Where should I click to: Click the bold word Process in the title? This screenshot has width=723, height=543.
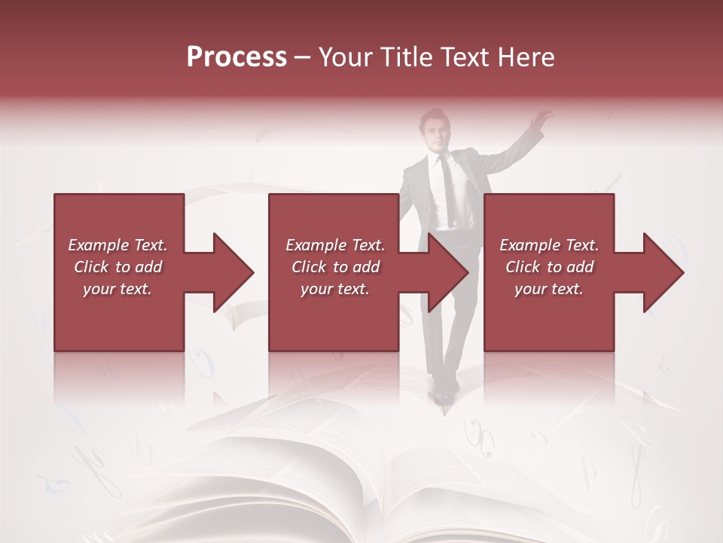click(x=236, y=57)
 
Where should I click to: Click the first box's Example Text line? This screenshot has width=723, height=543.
click(x=117, y=245)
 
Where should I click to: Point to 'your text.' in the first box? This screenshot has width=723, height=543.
click(x=117, y=289)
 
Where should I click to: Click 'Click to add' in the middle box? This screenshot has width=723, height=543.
click(x=335, y=267)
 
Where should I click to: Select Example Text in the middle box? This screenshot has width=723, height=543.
click(x=335, y=245)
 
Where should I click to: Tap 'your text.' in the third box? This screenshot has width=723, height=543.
click(x=549, y=289)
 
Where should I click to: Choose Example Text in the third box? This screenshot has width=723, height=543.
click(x=549, y=245)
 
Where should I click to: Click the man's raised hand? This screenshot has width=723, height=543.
click(x=540, y=118)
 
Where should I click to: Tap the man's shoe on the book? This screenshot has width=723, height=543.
click(x=446, y=393)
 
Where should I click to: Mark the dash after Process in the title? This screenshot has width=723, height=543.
click(x=303, y=58)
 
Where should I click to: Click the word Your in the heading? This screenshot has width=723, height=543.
click(x=346, y=57)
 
